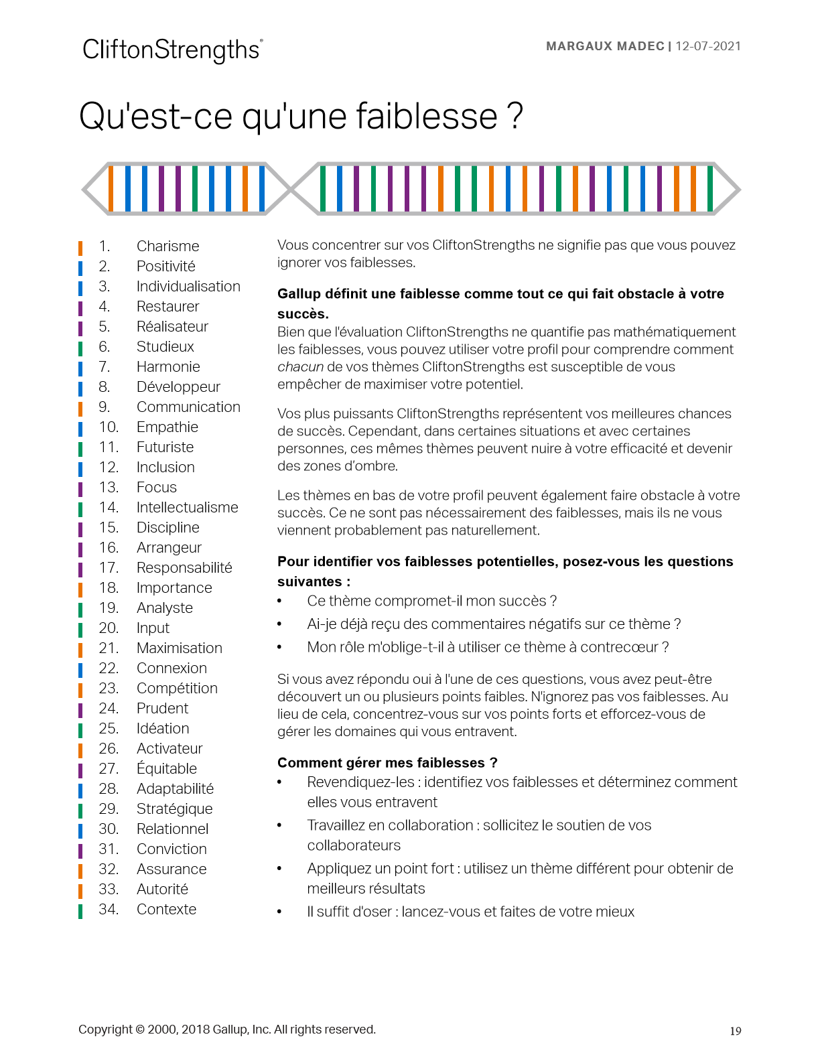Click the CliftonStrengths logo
(172, 50)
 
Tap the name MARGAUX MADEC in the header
(605, 46)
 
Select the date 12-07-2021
(708, 46)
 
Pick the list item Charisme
(167, 246)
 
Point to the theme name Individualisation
(188, 287)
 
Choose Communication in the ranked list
(188, 407)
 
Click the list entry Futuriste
(165, 447)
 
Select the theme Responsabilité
(184, 568)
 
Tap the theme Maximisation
(180, 648)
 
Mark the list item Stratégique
(174, 809)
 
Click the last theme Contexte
(166, 910)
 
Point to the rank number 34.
(108, 910)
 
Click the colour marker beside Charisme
(80, 247)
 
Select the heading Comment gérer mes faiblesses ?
(387, 763)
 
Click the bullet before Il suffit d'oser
(280, 912)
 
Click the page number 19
(735, 1032)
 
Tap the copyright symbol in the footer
(140, 1030)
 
